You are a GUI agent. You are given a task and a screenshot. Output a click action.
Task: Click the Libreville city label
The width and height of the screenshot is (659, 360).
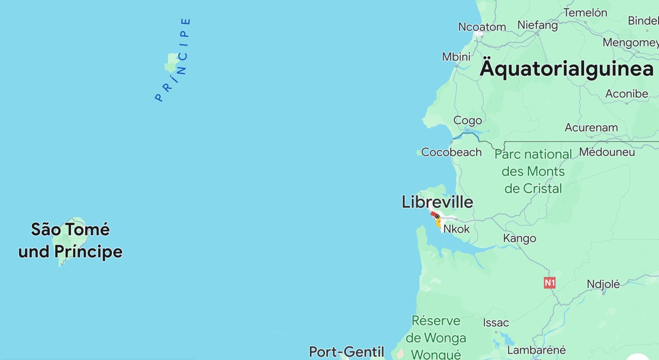click(x=437, y=202)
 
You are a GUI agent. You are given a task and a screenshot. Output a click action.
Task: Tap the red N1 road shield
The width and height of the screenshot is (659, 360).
click(x=550, y=283)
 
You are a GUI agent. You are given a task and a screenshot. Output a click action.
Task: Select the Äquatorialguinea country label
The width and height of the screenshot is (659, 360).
click(x=567, y=69)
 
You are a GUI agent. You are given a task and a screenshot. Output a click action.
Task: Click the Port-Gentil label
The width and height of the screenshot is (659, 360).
click(x=346, y=352)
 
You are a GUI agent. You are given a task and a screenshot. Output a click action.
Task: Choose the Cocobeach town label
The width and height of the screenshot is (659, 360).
click(x=451, y=152)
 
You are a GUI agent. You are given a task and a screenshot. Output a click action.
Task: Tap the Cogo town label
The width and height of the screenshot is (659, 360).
click(x=467, y=120)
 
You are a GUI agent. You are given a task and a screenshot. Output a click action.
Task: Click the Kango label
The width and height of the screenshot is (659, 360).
click(x=519, y=238)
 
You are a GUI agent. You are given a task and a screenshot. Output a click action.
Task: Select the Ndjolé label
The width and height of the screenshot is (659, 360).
click(x=603, y=284)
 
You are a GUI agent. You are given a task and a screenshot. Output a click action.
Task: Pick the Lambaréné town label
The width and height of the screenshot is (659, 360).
click(x=536, y=350)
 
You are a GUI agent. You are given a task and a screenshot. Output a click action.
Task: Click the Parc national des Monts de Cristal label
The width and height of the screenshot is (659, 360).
click(x=533, y=171)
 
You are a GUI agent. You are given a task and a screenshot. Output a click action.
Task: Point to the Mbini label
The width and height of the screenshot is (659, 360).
click(x=456, y=57)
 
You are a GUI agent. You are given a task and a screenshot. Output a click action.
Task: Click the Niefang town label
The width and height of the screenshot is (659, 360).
click(x=537, y=25)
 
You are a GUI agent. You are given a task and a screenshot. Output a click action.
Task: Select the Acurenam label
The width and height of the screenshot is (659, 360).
click(x=591, y=128)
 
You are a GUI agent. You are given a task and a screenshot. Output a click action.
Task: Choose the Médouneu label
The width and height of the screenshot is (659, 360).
click(x=607, y=152)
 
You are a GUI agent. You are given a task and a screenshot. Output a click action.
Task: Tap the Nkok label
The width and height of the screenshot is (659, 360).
click(x=456, y=229)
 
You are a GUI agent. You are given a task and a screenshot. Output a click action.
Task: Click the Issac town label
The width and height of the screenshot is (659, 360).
click(x=496, y=323)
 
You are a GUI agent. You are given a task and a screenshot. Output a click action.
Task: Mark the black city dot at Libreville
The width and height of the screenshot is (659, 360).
click(x=438, y=217)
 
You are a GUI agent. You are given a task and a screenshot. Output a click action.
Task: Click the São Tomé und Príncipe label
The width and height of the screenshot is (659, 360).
click(x=70, y=240)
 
